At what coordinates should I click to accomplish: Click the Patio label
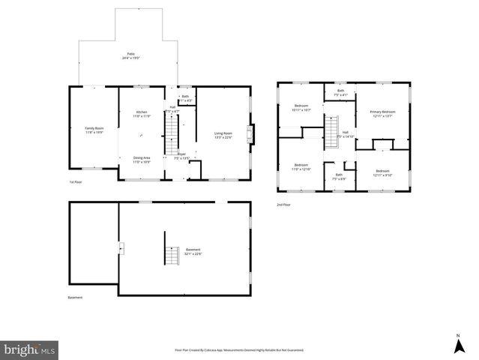click(x=131, y=56)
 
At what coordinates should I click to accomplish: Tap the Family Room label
click(x=94, y=130)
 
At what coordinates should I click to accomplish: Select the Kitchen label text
click(x=142, y=114)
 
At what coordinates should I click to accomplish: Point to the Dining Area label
click(x=142, y=160)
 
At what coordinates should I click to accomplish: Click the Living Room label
click(x=223, y=135)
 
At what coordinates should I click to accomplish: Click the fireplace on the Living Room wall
click(x=253, y=134)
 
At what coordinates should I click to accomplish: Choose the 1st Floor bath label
click(x=185, y=98)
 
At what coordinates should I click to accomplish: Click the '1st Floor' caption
click(x=76, y=182)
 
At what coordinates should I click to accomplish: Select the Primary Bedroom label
click(x=382, y=114)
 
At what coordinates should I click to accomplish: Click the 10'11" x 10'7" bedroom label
click(x=301, y=108)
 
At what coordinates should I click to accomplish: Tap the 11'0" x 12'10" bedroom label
click(x=301, y=166)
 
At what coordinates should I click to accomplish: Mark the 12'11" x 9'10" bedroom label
click(x=382, y=172)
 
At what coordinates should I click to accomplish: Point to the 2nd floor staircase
click(x=331, y=135)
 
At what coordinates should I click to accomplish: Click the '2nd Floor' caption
click(x=284, y=205)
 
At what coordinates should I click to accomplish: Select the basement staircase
click(x=172, y=254)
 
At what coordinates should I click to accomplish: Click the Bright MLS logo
click(x=30, y=349)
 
